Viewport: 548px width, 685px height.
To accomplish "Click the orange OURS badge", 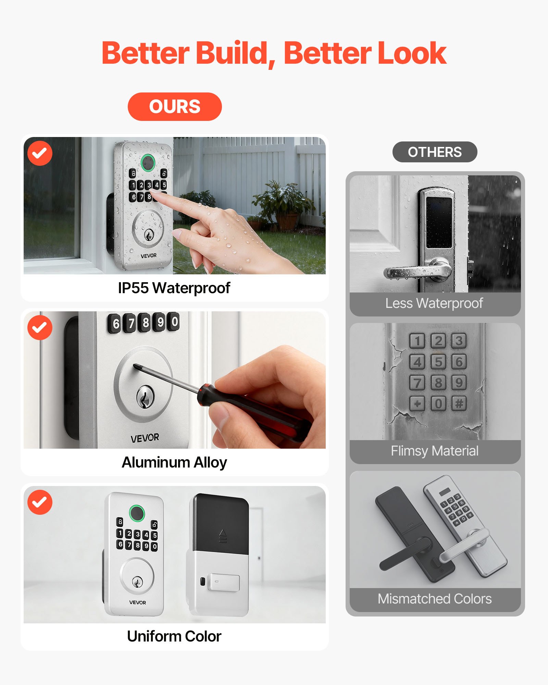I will pos(175,107).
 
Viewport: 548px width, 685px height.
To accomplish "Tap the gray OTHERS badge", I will pos(435,152).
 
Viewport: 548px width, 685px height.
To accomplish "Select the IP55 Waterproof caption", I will pos(174,288).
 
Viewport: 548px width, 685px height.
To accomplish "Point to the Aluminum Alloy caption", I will pos(174,462).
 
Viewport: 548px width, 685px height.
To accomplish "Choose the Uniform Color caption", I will pos(174,636).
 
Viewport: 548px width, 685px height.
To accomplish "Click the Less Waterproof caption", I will pos(434,303).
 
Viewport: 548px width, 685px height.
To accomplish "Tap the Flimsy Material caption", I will pos(435,451).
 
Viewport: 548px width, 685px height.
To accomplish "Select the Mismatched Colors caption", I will pos(435,599).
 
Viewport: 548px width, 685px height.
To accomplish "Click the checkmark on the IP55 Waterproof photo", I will pos(40,153).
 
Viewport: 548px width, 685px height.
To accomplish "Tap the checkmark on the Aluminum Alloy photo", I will pos(40,327).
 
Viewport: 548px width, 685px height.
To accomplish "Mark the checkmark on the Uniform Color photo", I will pos(40,502).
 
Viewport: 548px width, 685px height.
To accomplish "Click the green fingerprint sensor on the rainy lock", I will pos(148,162).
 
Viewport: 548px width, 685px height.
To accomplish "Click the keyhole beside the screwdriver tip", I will pos(145,397).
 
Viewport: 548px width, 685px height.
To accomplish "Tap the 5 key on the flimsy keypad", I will pos(438,362).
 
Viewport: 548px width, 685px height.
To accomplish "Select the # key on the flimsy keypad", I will pos(459,403).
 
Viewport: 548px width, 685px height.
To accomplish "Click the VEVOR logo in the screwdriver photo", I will pos(145,438).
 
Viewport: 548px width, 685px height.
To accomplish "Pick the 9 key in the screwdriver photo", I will pos(160,322).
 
